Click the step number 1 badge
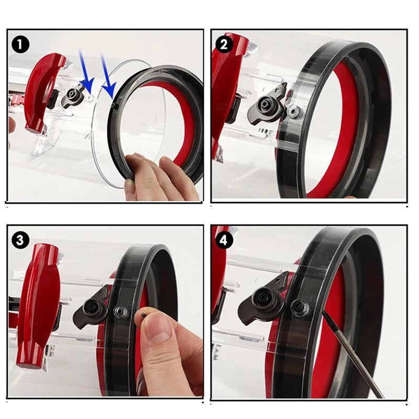click(x=20, y=45)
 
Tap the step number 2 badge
click(x=224, y=45)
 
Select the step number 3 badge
click(x=20, y=240)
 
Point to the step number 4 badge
click(x=224, y=240)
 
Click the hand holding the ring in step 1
click(x=157, y=178)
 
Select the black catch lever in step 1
click(x=71, y=97)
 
